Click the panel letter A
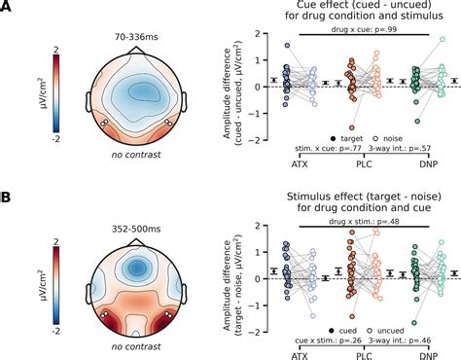click(7, 8)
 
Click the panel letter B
click(7, 198)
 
